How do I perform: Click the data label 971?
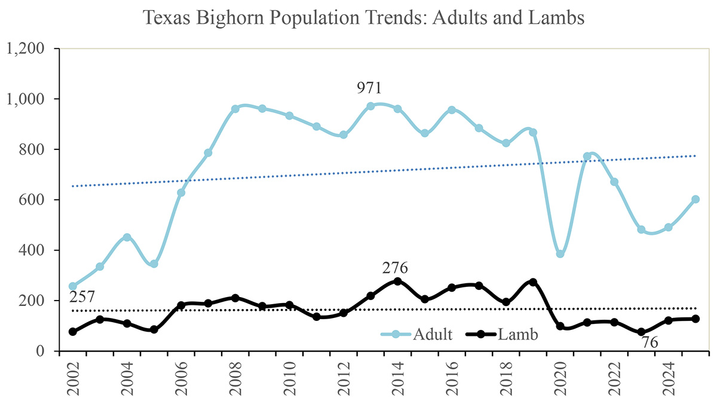click(369, 88)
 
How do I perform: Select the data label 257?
click(82, 298)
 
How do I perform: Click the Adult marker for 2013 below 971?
click(370, 106)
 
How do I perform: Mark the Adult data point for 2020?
click(560, 254)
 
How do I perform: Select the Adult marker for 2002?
click(73, 286)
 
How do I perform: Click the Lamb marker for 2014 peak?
click(397, 282)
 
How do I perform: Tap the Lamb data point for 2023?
click(641, 332)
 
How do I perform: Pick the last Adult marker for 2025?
click(695, 200)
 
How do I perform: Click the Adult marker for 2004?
click(127, 237)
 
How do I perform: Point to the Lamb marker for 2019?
click(533, 282)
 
